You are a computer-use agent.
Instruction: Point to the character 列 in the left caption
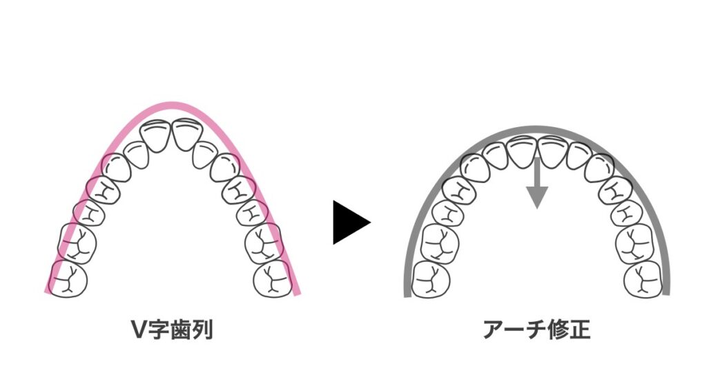(x=202, y=330)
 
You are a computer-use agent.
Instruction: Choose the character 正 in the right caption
(x=580, y=330)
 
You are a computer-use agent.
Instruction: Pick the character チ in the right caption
(x=537, y=330)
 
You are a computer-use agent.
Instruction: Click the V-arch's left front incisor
(x=155, y=136)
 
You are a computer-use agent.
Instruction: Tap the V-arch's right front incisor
(x=188, y=134)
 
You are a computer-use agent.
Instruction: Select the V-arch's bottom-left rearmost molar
(x=68, y=278)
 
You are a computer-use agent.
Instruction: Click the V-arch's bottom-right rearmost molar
(x=272, y=278)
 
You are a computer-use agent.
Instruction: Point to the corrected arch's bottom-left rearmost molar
(x=431, y=279)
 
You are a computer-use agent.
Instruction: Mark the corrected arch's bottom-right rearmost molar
(x=643, y=279)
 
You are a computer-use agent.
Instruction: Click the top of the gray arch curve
(x=536, y=129)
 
